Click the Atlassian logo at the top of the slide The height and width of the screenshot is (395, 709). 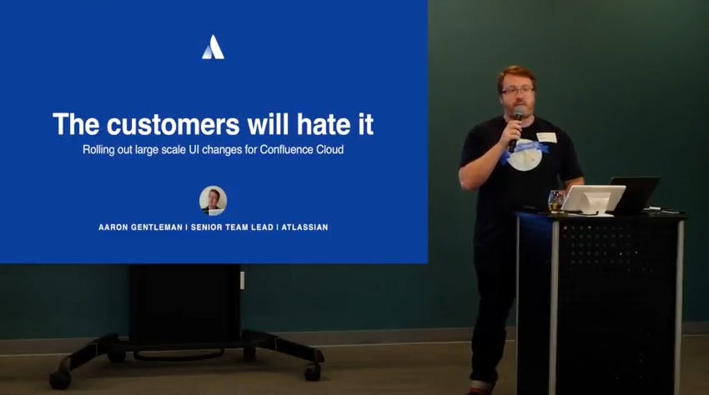click(213, 47)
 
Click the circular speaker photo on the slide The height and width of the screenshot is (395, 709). click(213, 200)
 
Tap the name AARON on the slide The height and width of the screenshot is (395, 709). click(116, 227)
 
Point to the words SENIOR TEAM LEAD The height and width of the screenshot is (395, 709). click(234, 227)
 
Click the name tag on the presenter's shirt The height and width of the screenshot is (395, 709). click(546, 137)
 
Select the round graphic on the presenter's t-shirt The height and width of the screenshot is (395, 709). click(525, 155)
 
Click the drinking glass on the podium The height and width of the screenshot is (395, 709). click(555, 200)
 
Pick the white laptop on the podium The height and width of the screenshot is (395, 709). click(592, 198)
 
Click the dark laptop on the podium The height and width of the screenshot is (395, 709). click(636, 193)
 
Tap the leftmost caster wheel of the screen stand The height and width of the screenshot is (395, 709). click(60, 379)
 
